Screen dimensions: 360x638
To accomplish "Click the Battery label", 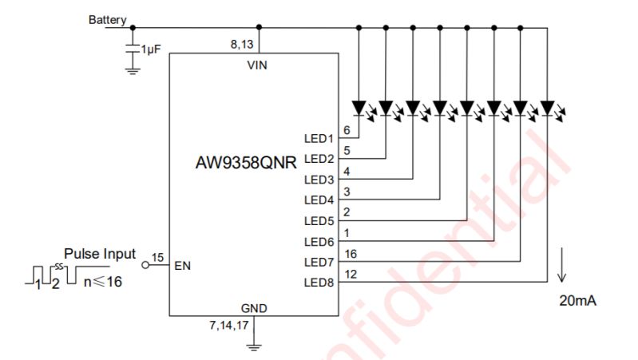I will coord(107,19).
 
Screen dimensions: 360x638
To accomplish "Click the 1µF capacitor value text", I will coord(152,49).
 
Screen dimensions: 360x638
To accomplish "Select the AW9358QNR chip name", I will coord(246,163).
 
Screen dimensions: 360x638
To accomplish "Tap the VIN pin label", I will coord(257,66).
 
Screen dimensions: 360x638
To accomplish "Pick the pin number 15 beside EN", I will coord(157,257).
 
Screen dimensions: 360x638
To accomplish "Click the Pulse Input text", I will coord(99,254).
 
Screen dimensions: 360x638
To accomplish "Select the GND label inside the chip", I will coord(254,308).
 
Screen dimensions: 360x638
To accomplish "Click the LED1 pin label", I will coord(319,138).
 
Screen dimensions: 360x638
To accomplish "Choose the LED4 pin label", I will coord(319,200).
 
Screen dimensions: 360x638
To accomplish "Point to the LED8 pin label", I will coord(319,283).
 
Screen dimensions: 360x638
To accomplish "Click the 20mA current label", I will coord(578,300).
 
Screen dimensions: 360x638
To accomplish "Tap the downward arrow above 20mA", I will coord(563,267).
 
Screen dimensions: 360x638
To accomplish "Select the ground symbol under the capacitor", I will coord(133,70).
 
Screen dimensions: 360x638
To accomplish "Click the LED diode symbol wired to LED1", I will coord(360,107).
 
